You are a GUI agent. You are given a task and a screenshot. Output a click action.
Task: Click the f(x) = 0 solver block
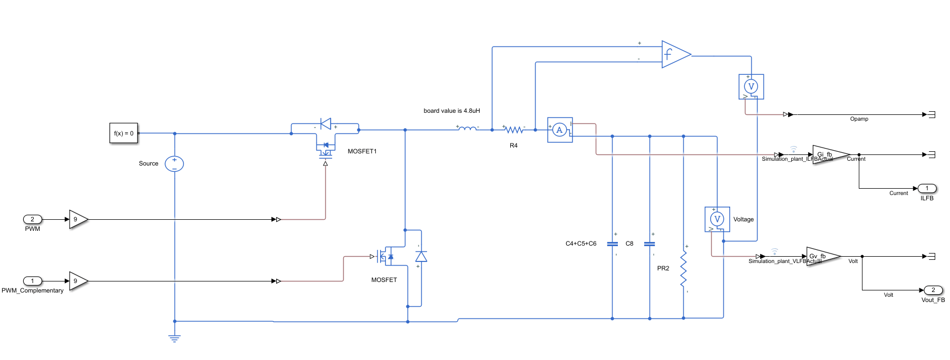[124, 133]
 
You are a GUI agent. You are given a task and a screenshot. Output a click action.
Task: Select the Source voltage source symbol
[175, 164]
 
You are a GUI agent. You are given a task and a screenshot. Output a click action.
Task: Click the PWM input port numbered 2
[32, 219]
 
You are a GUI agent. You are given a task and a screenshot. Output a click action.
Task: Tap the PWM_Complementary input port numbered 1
[32, 281]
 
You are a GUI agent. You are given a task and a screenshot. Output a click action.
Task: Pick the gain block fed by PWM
[77, 219]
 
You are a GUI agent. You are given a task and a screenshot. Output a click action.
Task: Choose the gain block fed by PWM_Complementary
[77, 281]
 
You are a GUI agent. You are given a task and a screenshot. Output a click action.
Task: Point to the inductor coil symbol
[467, 128]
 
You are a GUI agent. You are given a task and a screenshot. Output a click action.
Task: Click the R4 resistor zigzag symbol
[513, 130]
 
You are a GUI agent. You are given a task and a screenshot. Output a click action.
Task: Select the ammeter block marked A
[560, 130]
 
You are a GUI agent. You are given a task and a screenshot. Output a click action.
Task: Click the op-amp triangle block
[674, 54]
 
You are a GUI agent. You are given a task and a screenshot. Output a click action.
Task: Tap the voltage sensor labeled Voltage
[717, 219]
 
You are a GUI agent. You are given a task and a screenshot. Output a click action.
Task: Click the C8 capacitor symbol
[650, 244]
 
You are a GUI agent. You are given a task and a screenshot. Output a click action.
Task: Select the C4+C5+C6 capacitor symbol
[612, 244]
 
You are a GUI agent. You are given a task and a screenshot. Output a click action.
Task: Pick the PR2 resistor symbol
[684, 269]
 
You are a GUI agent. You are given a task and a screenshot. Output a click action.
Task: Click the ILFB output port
[927, 188]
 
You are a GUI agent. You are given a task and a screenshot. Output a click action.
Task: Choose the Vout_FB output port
[933, 290]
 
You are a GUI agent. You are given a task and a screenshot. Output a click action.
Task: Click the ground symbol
[175, 338]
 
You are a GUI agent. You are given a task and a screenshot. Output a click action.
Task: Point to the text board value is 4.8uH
[452, 111]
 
